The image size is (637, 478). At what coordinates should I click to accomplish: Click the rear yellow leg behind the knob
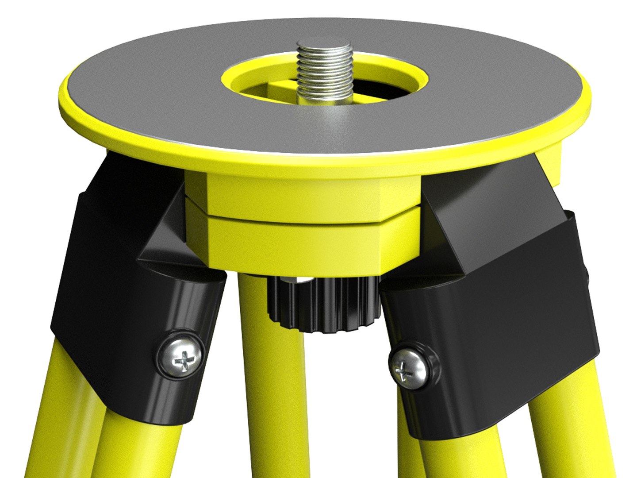257,376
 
